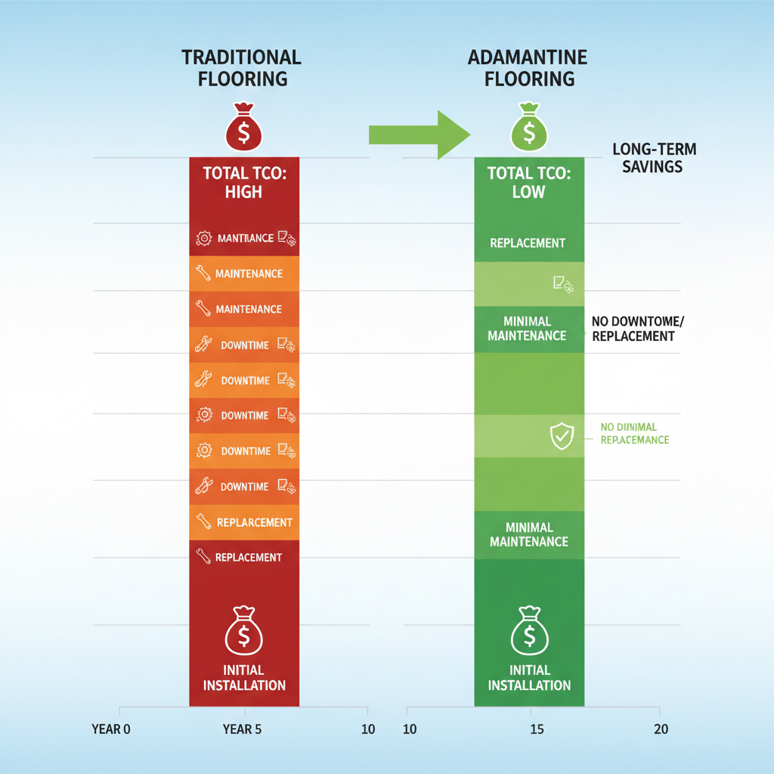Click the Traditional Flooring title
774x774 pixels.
click(241, 67)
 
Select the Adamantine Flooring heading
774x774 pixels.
click(528, 67)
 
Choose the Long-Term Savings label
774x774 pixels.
click(653, 157)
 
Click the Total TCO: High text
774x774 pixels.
click(243, 182)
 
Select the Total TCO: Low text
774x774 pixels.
click(528, 182)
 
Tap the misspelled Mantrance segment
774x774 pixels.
click(245, 238)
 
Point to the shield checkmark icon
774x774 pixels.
click(561, 436)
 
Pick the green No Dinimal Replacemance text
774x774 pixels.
click(633, 433)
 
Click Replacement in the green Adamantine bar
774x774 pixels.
click(528, 243)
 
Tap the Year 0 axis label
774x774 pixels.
click(111, 729)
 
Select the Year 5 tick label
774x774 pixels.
click(243, 729)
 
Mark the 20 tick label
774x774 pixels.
click(660, 729)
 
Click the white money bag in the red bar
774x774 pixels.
click(243, 631)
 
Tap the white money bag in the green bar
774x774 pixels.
click(529, 631)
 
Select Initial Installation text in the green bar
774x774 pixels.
click(529, 677)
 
